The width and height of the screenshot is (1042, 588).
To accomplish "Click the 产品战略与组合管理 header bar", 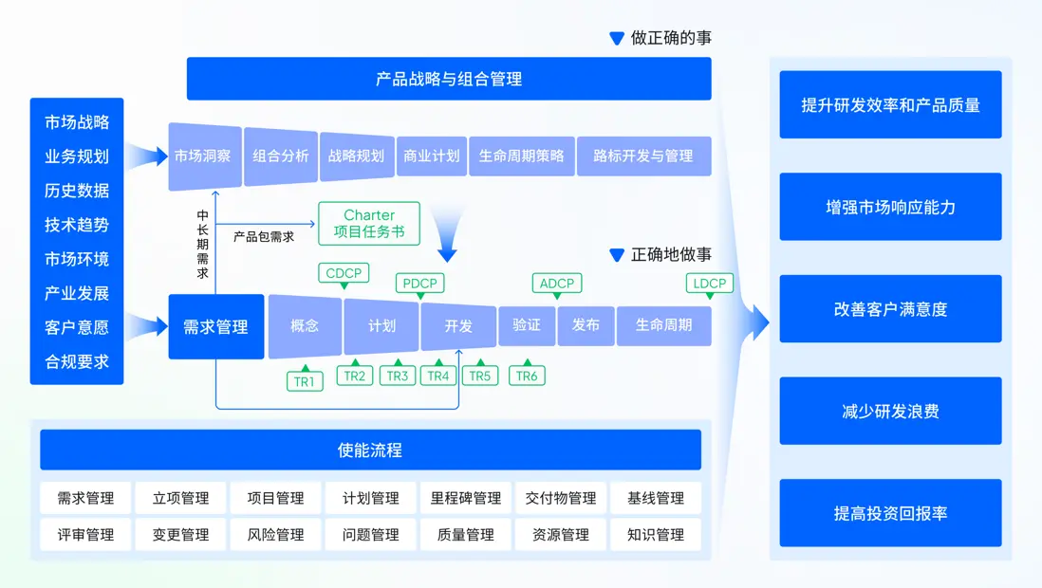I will [x=448, y=79].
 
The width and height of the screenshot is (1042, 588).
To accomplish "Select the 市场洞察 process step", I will [x=202, y=156].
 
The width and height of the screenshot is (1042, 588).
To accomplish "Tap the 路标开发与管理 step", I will [x=643, y=156].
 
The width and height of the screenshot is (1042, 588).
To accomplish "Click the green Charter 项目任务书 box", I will [x=369, y=224].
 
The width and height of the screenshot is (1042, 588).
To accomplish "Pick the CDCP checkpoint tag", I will [x=344, y=273].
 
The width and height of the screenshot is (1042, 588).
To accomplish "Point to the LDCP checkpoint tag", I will [x=709, y=283].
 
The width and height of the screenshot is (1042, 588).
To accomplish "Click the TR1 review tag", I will [x=305, y=380].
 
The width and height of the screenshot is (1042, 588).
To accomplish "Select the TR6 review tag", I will [x=527, y=376].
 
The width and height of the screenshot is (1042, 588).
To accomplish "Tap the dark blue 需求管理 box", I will [x=215, y=326].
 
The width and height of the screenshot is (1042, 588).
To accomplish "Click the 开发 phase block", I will [x=458, y=325].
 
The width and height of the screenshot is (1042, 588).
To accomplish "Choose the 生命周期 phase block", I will [x=663, y=324].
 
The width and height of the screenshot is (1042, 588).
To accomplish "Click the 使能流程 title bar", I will [x=370, y=450].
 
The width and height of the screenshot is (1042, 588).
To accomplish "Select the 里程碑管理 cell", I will [x=466, y=498].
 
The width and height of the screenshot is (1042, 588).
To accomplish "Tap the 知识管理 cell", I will [x=656, y=534].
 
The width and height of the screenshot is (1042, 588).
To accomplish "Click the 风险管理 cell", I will [x=275, y=534].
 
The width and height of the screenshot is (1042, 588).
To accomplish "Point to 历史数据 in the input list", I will [x=77, y=191].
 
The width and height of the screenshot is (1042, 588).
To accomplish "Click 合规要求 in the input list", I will [x=77, y=361].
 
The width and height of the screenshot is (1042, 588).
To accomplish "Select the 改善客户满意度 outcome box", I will [x=890, y=309].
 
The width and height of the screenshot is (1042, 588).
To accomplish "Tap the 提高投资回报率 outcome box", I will [x=890, y=513].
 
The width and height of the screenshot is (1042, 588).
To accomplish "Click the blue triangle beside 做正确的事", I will [x=617, y=39].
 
